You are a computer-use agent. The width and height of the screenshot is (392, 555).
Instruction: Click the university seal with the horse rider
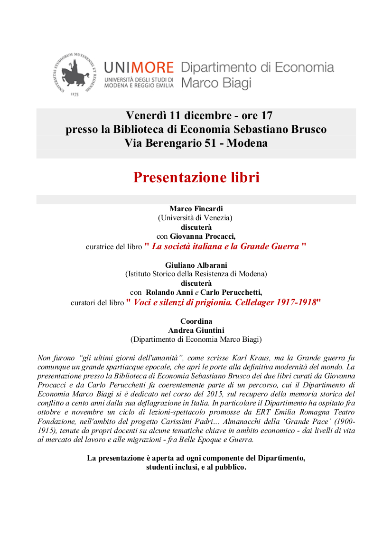pyautogui.click(x=74, y=74)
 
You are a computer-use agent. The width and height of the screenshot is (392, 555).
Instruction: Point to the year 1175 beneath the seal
pyautogui.click(x=75, y=94)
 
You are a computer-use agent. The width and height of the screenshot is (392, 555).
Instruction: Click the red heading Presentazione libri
pyautogui.click(x=196, y=178)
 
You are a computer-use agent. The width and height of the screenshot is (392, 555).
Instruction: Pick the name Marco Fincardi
pyautogui.click(x=196, y=208)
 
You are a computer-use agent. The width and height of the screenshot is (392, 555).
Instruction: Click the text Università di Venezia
pyautogui.click(x=196, y=218)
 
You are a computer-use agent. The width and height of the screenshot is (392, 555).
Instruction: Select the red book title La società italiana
pyautogui.click(x=225, y=246)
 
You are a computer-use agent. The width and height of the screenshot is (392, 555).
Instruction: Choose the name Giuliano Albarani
pyautogui.click(x=196, y=265)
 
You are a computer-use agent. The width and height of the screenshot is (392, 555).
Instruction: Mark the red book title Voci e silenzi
pyautogui.click(x=225, y=302)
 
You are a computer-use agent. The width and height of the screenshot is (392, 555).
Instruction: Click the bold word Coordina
pyautogui.click(x=196, y=321)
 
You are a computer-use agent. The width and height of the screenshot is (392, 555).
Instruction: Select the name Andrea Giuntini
pyautogui.click(x=196, y=330)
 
